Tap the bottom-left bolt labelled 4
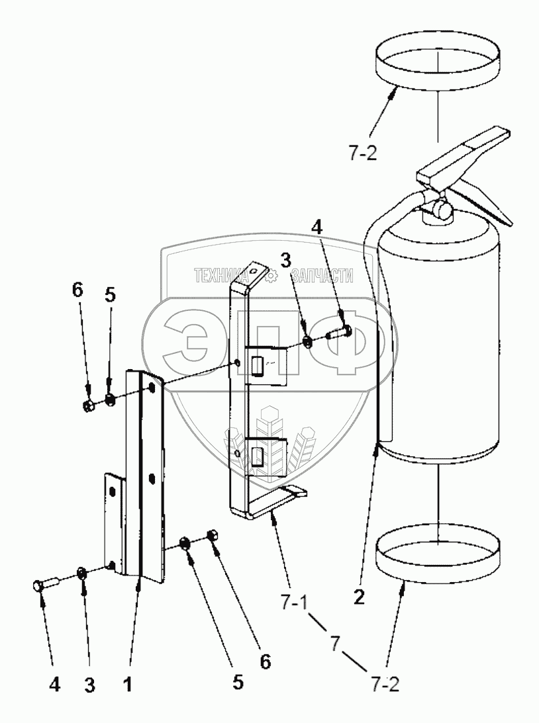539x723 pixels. pos(46,585)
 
